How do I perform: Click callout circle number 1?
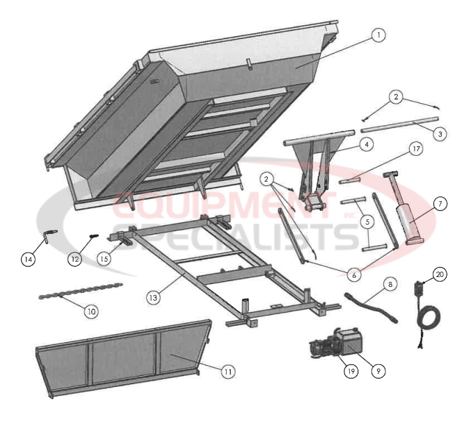(x=378, y=35)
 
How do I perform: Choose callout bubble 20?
(x=439, y=274)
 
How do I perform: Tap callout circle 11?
(x=227, y=371)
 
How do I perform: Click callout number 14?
(x=28, y=259)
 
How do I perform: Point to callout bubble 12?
(x=75, y=259)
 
